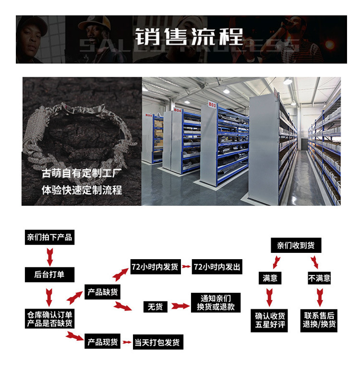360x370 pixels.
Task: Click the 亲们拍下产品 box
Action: pyautogui.click(x=49, y=238)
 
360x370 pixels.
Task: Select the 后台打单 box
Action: pyautogui.click(x=49, y=275)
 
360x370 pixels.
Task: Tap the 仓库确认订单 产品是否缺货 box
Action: pyautogui.click(x=49, y=319)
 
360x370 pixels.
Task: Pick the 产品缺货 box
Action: pyautogui.click(x=102, y=291)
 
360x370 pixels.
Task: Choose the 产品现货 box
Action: pyautogui.click(x=102, y=343)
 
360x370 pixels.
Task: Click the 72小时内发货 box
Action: pyautogui.click(x=155, y=267)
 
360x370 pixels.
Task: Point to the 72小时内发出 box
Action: pyautogui.click(x=216, y=267)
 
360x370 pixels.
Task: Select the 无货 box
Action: pyautogui.click(x=155, y=306)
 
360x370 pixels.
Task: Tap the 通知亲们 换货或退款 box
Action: pyautogui.click(x=216, y=302)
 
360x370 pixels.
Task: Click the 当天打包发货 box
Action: pyautogui.click(x=158, y=343)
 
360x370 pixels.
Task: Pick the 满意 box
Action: pyautogui.click(x=270, y=278)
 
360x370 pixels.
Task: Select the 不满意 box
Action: pyautogui.click(x=319, y=278)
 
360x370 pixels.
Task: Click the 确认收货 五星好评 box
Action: pyautogui.click(x=270, y=320)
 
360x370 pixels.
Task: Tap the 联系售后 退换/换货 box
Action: pyautogui.click(x=320, y=320)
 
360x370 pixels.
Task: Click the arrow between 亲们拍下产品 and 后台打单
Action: pyautogui.click(x=49, y=256)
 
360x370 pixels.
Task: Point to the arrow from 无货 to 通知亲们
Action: pyautogui.click(x=180, y=306)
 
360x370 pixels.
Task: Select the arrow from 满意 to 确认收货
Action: pyautogui.click(x=269, y=297)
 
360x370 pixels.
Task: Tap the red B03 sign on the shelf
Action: pyautogui.click(x=211, y=104)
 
